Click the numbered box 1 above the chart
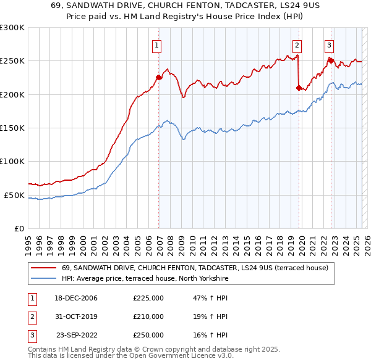[x=157, y=44]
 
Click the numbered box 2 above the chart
[x=297, y=44]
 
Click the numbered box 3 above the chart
[x=329, y=44]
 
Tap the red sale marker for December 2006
[x=159, y=77]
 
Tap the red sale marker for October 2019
[x=299, y=88]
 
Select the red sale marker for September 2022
[x=331, y=60]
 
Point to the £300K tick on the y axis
[x=12, y=28]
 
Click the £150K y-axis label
[x=12, y=128]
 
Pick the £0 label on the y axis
[x=19, y=228]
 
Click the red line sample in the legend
[x=43, y=268]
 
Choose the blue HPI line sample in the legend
[x=43, y=279]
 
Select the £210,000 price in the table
[x=148, y=316]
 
